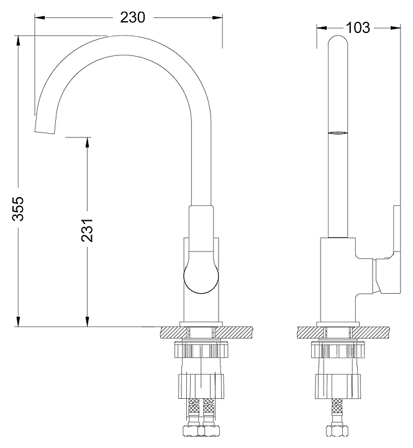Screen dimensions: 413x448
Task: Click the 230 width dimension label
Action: point(133,17)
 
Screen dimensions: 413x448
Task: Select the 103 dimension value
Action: point(358,28)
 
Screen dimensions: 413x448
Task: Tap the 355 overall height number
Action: point(17,208)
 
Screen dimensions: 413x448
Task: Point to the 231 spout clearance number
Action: point(87,230)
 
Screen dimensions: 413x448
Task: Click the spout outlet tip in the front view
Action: point(44,132)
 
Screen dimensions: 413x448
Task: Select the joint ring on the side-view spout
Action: point(338,133)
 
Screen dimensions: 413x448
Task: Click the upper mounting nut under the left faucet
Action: point(201,350)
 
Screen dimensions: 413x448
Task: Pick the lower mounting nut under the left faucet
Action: point(201,386)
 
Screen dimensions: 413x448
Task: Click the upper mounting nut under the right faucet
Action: point(338,349)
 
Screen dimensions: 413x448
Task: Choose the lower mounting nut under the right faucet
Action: point(338,385)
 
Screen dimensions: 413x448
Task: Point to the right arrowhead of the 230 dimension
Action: point(217,17)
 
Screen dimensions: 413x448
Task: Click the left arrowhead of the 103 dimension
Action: point(322,28)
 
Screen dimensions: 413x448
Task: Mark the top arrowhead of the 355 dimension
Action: point(18,40)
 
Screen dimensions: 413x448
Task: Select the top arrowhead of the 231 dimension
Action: point(87,142)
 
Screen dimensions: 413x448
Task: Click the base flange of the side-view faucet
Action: point(338,324)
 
